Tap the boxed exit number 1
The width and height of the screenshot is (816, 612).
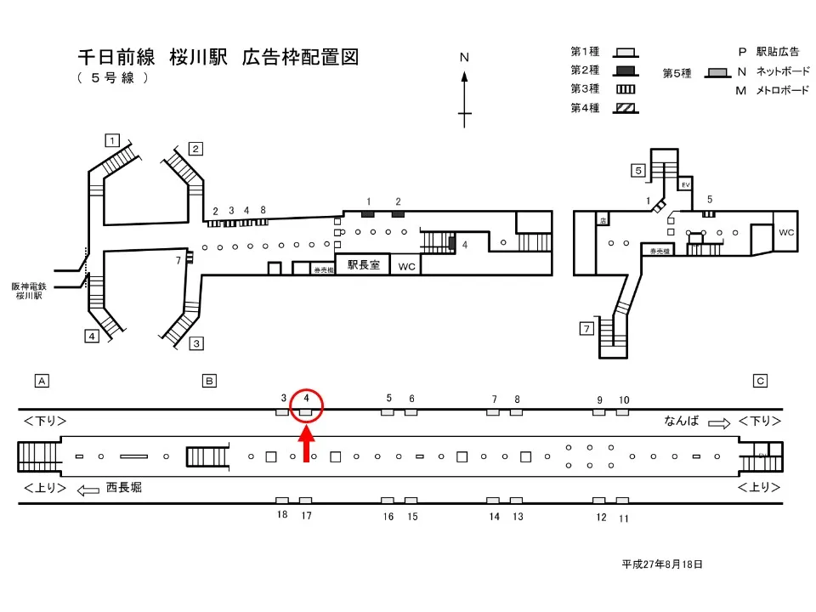coord(111,140)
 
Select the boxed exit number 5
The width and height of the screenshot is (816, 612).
coord(637,170)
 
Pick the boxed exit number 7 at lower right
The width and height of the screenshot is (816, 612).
coord(586,329)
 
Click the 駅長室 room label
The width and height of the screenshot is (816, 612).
coord(362,265)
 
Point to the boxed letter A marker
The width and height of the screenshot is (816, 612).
coord(41,381)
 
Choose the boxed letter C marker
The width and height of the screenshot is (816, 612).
coord(761,381)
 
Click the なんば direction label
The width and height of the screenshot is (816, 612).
coord(682,421)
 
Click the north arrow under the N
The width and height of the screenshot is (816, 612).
coord(465,98)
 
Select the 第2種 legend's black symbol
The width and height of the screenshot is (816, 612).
coord(626,70)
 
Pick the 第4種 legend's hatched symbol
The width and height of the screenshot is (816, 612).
coord(626,108)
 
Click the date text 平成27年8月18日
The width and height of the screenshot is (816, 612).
coord(662,564)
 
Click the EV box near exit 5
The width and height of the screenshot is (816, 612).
coord(685,184)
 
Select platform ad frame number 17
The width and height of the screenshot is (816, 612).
coord(306,501)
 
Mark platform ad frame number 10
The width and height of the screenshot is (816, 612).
coord(622,412)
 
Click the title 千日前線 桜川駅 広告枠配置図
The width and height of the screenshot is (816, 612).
coord(218,58)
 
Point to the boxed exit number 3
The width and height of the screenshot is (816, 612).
coord(196,343)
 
